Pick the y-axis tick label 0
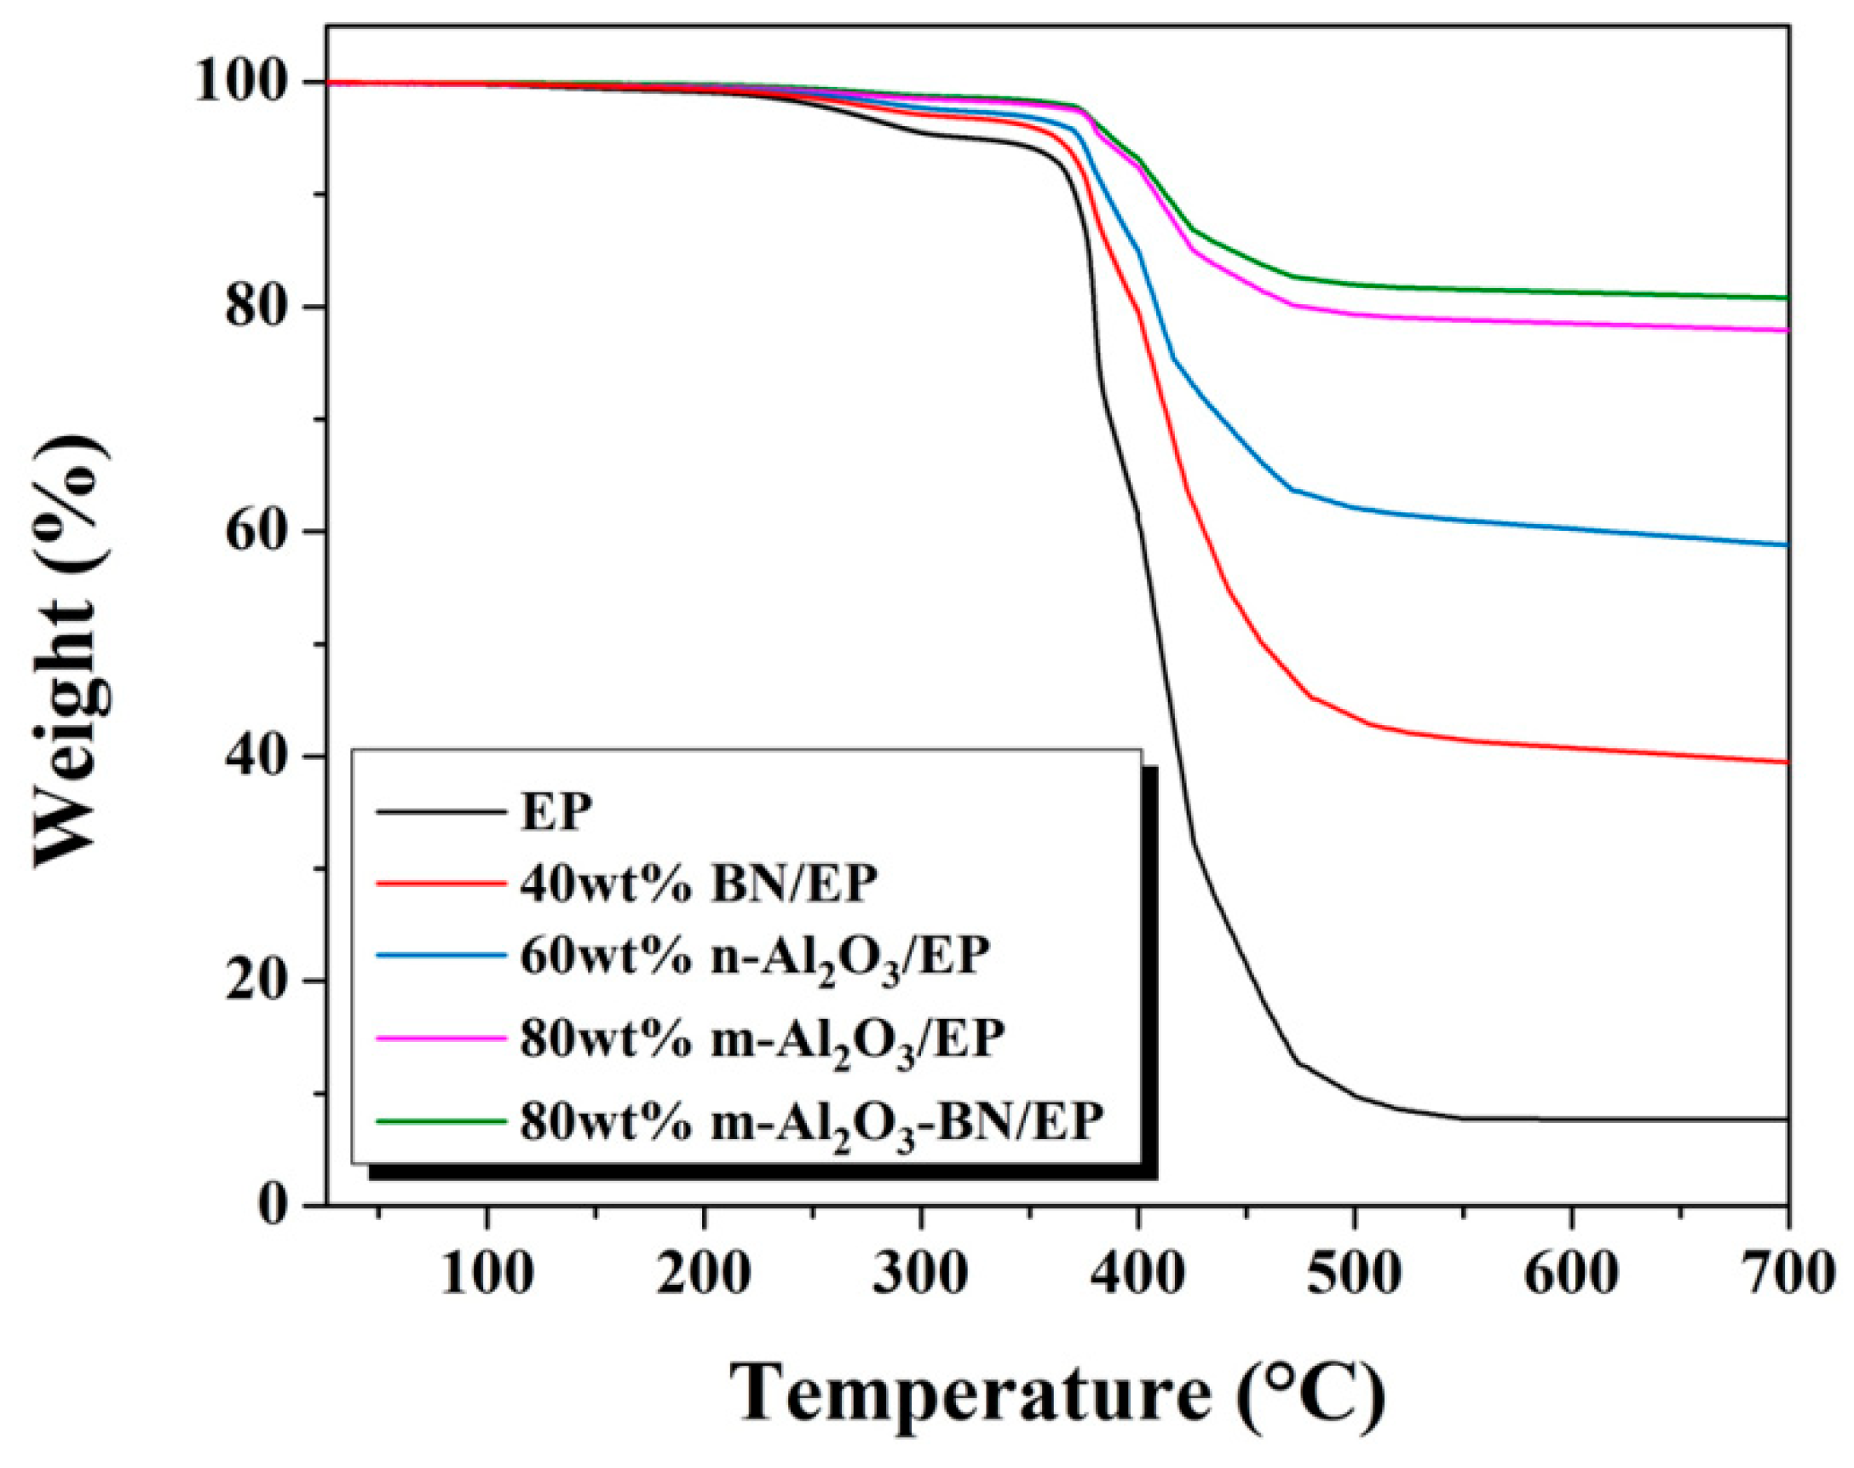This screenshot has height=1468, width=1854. point(273,1205)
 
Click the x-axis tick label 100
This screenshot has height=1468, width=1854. point(487,1274)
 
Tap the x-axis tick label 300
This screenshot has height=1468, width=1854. point(920,1274)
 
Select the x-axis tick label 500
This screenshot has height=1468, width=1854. point(1354,1274)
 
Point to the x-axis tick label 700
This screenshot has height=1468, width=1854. point(1786,1274)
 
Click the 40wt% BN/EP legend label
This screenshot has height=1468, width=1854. point(698,883)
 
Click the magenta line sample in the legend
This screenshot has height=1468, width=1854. point(440,1038)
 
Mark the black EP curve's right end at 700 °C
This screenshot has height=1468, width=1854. point(1786,1119)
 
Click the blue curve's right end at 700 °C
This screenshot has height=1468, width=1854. point(1786,545)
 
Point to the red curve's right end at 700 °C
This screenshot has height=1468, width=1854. point(1786,762)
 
